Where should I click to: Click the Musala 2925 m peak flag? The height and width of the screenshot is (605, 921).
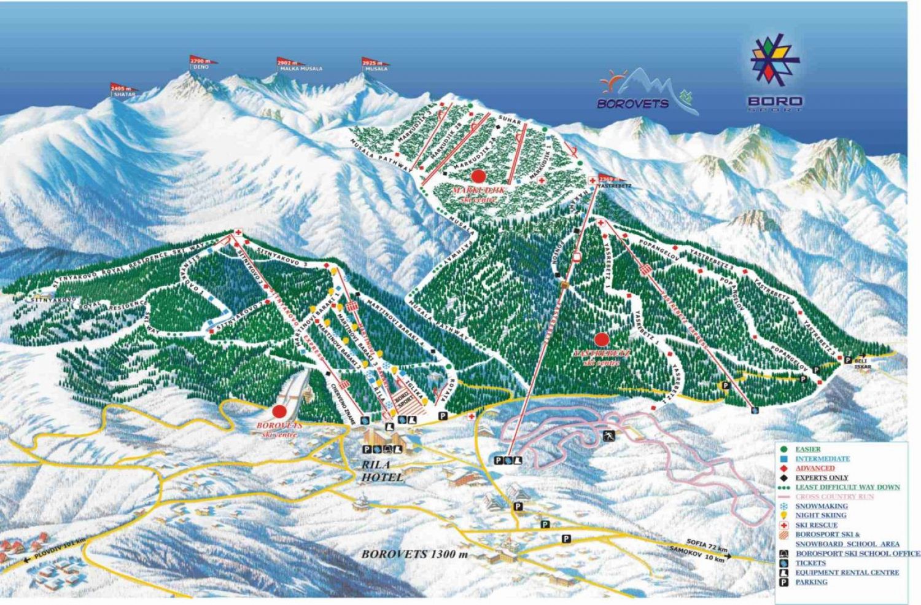[373, 63]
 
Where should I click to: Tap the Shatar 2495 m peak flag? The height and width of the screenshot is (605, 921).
[123, 90]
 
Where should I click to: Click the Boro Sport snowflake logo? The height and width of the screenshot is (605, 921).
[775, 60]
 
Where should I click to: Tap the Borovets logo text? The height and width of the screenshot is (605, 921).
[633, 103]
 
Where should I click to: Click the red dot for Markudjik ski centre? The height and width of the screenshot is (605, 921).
[479, 176]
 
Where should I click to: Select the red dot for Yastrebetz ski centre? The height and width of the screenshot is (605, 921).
[602, 339]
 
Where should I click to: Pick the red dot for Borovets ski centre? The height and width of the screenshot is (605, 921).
[280, 411]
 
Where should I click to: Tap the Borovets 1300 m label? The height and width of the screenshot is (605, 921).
[414, 553]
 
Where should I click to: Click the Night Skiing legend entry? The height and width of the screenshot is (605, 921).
[820, 515]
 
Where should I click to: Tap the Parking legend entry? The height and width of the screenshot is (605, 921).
[811, 582]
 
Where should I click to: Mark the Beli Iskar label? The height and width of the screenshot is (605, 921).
[863, 363]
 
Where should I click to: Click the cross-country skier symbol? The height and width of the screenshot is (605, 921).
[608, 437]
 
